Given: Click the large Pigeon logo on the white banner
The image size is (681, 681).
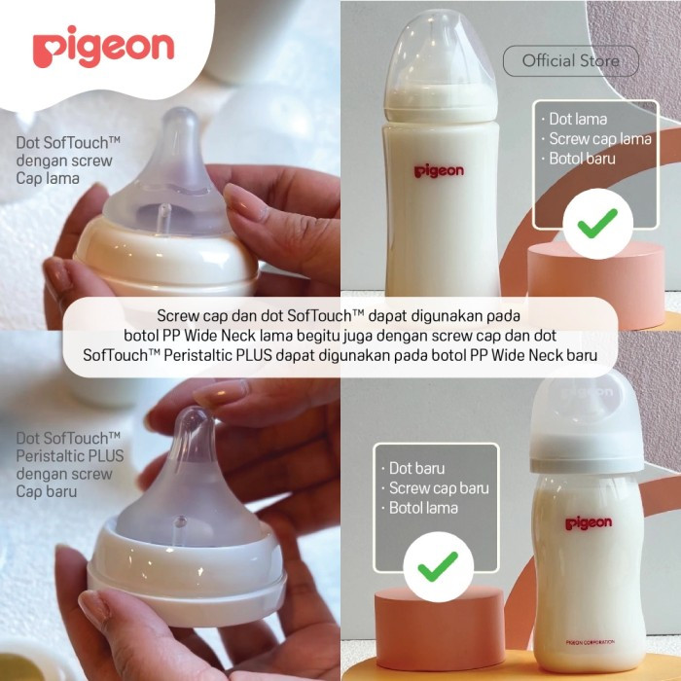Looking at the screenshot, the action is point(103,47).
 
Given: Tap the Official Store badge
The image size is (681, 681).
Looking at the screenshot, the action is point(571,60).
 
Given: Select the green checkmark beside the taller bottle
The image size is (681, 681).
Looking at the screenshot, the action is point(597,223).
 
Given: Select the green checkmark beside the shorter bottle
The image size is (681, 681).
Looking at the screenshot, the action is point(438,566).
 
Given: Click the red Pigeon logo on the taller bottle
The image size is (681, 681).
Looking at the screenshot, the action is point(439,170).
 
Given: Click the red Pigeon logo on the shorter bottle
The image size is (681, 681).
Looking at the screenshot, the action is point(589,523).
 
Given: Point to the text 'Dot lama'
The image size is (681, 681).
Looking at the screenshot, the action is point(578,119).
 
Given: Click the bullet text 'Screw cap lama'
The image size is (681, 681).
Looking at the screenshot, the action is point(600,139).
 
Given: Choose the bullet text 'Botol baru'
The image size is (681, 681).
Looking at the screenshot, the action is point(582,159).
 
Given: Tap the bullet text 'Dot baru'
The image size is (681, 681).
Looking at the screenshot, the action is point(416,468).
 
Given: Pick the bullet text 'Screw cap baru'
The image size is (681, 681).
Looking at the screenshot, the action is point(439,488).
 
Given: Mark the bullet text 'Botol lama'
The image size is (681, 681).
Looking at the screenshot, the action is point(423,508).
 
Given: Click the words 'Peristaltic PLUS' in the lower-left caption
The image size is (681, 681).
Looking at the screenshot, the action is point(70,456).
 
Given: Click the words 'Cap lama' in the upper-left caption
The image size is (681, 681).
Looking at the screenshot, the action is point(48,178).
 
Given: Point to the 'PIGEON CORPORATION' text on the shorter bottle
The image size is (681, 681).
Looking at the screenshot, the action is point(590,642).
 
